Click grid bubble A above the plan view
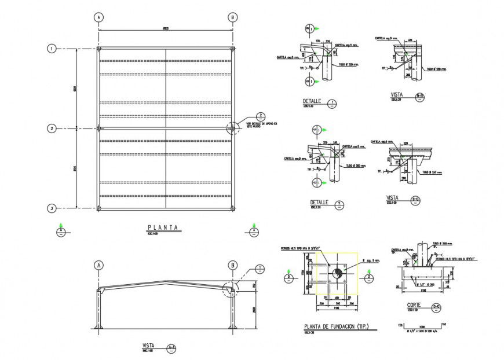tap(99, 17)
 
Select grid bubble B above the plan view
tap(232, 17)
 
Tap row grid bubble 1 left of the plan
tap(52, 49)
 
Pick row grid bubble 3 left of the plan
tap(52, 208)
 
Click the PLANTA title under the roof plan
tap(163, 227)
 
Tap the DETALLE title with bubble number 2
tap(319, 203)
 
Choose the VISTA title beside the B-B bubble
tap(397, 94)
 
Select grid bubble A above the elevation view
tap(99, 266)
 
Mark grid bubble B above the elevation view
tap(232, 266)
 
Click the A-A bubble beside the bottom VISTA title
tap(171, 348)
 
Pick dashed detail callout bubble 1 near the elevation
tap(260, 269)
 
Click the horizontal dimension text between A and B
tap(165, 28)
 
